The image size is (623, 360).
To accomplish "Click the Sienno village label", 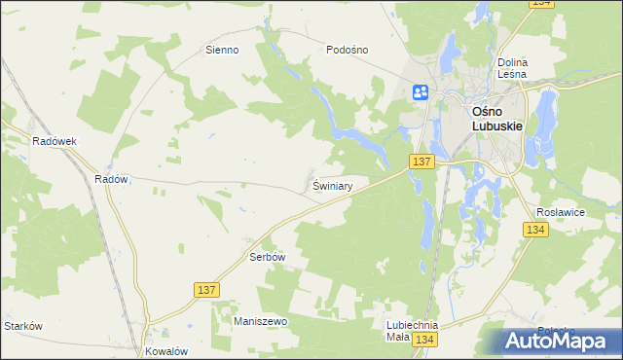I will [x=222, y=50].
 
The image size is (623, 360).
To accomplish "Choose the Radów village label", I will [x=111, y=179].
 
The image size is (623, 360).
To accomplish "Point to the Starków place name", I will [x=23, y=326].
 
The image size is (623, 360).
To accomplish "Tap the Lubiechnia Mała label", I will [x=412, y=331].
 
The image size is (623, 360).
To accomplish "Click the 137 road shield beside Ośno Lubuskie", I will [x=421, y=162].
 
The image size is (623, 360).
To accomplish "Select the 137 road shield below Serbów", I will [x=206, y=290].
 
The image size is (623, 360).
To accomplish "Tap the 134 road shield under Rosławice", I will [x=534, y=230].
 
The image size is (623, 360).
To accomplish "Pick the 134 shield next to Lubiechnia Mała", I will [x=422, y=339].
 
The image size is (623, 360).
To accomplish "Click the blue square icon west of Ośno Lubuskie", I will [x=421, y=92].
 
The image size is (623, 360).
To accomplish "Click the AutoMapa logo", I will [x=558, y=340].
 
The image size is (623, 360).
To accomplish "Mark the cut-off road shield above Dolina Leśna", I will [x=543, y=4].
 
